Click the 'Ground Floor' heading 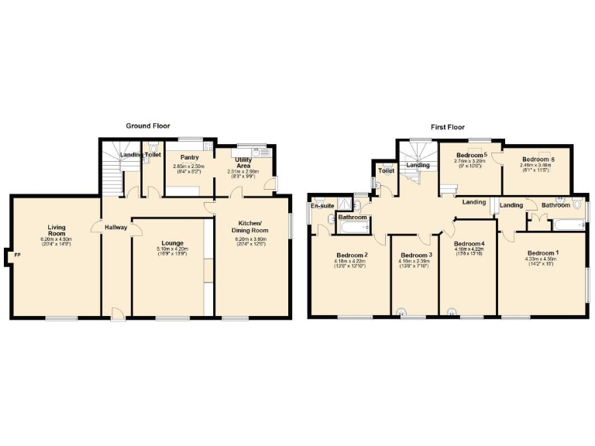click(148, 125)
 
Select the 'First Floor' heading click(448, 126)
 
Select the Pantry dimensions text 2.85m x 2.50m click(188, 166)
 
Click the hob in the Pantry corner click(208, 147)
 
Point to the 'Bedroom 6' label click(538, 160)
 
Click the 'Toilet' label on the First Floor click(386, 170)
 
